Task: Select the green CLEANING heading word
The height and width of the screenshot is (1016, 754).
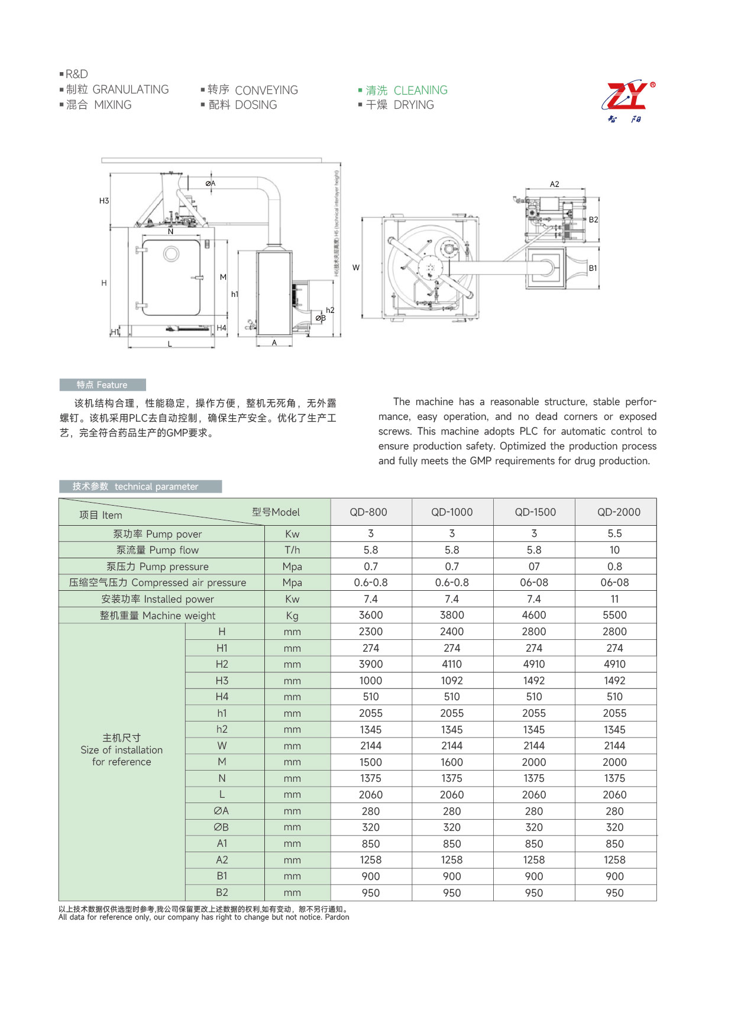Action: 420,90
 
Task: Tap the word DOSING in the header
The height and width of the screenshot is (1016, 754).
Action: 256,105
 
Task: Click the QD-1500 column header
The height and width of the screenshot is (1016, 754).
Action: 535,512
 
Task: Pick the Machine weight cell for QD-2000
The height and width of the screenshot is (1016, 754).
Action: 614,615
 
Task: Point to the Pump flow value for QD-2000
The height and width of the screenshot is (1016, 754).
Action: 614,550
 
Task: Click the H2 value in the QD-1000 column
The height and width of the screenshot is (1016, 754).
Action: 452,664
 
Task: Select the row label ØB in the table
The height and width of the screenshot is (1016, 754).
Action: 221,827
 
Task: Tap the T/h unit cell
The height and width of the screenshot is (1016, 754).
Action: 292,550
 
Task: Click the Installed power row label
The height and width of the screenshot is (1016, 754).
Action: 157,599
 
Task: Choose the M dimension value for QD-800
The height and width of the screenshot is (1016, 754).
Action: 371,762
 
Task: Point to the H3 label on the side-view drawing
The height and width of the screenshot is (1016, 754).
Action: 104,201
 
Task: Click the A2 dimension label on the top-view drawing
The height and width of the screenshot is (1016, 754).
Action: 554,185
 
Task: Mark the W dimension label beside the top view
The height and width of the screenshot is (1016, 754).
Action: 356,268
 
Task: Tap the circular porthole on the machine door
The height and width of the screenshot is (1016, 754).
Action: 171,254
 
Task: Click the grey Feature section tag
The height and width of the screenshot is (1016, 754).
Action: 102,385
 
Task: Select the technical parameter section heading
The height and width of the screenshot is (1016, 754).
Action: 140,487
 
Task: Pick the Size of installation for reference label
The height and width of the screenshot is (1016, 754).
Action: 122,750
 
